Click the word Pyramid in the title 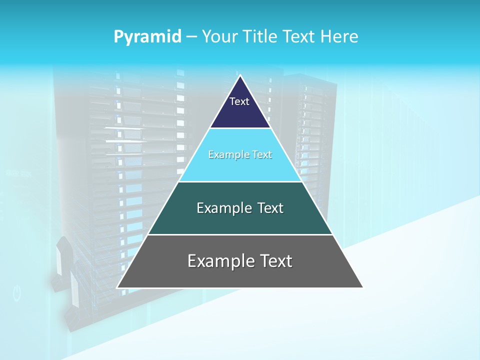pos(147,36)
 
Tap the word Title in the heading pos(262,36)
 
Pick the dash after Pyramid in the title pos(191,37)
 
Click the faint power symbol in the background pos(17,293)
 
